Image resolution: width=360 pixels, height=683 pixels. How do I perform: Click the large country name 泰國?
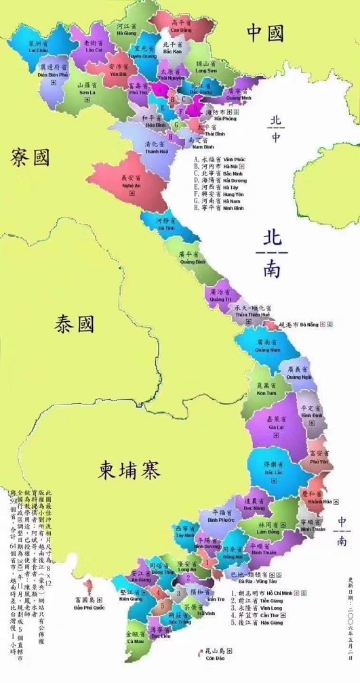point(75,325)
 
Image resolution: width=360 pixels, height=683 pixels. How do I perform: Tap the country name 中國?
point(264,32)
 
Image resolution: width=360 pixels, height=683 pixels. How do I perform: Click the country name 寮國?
point(30,158)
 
